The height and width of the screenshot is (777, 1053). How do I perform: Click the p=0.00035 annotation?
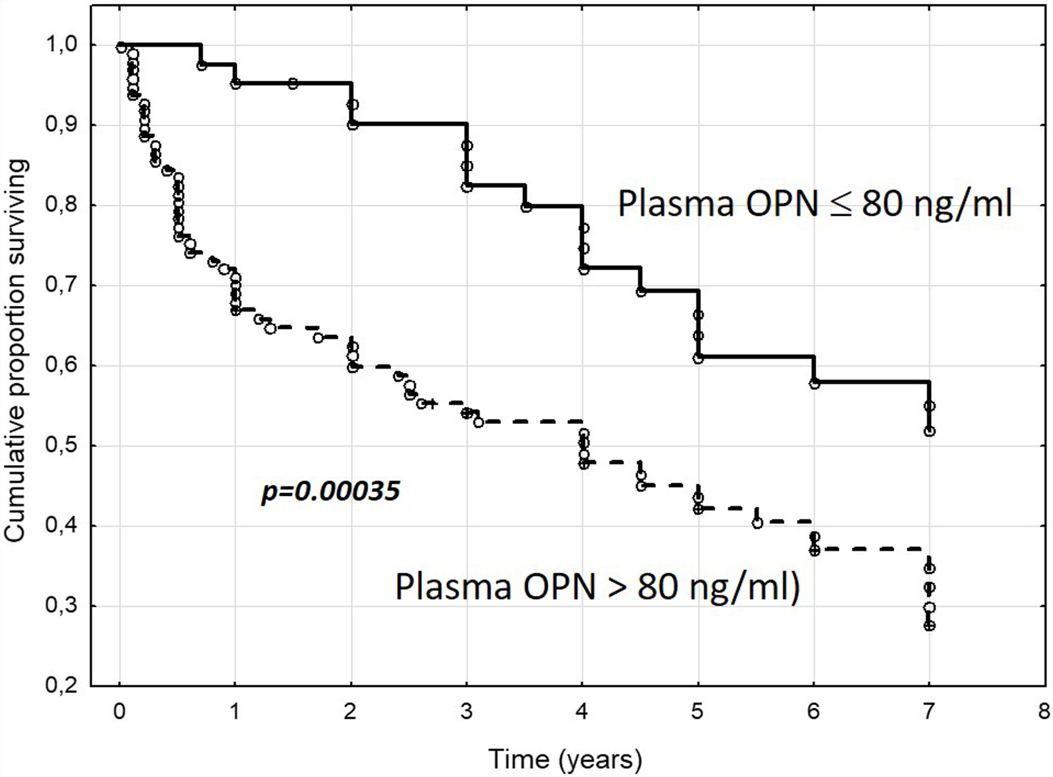pos(331,492)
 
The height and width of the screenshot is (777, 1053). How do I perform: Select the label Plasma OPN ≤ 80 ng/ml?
pos(815,204)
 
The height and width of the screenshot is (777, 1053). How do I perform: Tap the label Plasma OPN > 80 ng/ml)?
pos(597,587)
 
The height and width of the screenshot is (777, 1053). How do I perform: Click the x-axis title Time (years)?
pos(565,759)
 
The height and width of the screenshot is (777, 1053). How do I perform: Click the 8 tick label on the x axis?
pos(1044,712)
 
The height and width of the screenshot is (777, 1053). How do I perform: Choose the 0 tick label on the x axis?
pos(119,712)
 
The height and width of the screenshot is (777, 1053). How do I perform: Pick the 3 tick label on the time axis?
pos(466,712)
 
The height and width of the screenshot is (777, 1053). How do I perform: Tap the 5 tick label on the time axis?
pos(697,712)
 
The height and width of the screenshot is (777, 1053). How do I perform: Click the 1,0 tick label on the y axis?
pos(61,45)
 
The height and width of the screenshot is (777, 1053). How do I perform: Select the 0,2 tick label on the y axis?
pos(61,686)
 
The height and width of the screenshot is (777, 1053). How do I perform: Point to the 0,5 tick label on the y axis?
pos(61,446)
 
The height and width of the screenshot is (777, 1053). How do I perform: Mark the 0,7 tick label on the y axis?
pos(61,285)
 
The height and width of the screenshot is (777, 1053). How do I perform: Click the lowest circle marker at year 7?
pos(929,626)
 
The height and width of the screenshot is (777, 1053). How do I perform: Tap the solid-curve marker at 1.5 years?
pos(292,84)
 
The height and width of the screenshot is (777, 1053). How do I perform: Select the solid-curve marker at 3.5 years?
pos(526,207)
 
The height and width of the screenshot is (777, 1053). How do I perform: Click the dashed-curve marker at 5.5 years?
pos(758,523)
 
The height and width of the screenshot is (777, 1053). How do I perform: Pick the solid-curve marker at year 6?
pos(814,384)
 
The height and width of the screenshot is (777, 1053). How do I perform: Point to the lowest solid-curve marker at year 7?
pos(929,431)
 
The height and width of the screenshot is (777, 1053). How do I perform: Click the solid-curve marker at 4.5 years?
pos(641,292)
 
